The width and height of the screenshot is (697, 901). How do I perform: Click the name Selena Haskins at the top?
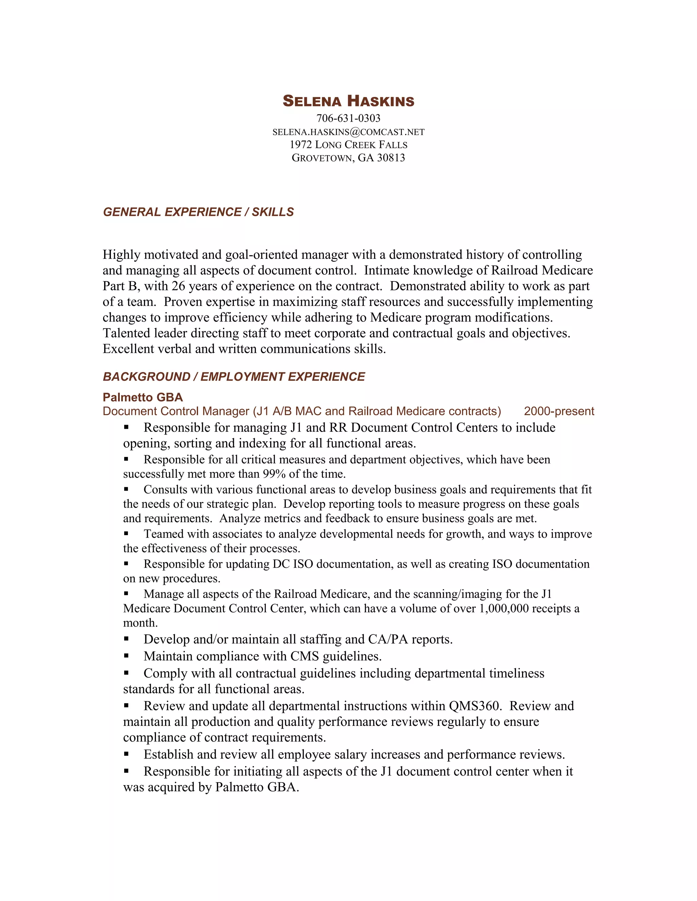click(348, 101)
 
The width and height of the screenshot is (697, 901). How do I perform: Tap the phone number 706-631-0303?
click(348, 118)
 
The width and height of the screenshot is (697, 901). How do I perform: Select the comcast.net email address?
click(348, 132)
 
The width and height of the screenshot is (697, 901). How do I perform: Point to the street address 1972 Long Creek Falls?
click(348, 145)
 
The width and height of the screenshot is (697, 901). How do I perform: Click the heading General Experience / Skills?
click(198, 212)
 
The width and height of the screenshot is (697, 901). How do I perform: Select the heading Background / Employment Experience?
click(234, 377)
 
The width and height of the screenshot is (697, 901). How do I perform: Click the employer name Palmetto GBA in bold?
click(143, 397)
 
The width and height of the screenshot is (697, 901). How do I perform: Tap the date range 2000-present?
click(559, 411)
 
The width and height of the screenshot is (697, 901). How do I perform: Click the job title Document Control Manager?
click(176, 411)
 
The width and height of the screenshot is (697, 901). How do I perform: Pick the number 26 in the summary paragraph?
click(178, 286)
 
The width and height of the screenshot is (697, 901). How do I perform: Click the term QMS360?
click(475, 706)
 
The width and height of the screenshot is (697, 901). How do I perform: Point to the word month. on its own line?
click(141, 623)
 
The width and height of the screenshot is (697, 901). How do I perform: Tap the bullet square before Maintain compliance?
click(126, 656)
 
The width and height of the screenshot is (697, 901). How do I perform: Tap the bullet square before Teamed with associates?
click(126, 533)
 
